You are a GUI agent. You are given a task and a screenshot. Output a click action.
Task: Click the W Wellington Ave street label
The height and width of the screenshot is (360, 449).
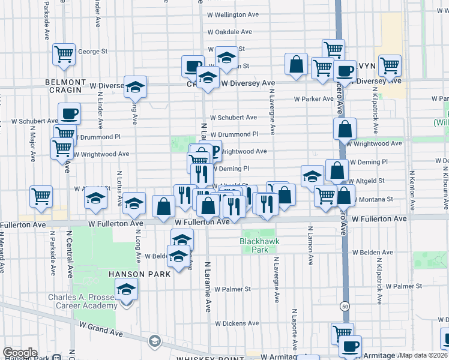click(233, 14)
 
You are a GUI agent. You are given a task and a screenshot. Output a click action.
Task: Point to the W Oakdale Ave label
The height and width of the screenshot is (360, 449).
click(230, 32)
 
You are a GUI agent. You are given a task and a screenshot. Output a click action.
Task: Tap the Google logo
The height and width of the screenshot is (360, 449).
click(20, 353)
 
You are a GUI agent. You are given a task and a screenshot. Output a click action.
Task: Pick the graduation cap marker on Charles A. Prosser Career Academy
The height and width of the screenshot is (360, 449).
click(126, 291)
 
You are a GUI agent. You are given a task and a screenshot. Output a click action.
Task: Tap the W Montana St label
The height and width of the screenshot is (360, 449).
click(373, 199)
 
